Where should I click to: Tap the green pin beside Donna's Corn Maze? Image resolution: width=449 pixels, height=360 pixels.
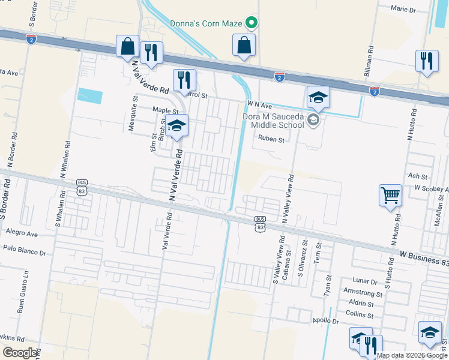tap(252, 23)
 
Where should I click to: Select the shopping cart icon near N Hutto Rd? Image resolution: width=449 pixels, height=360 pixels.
tap(390, 195)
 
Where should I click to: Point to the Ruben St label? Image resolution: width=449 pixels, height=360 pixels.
tap(270, 139)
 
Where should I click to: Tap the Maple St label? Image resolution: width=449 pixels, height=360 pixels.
tap(165, 110)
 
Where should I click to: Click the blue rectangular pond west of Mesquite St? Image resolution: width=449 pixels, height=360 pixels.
tap(90, 96)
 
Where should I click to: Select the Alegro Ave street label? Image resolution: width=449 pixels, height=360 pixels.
tap(22, 232)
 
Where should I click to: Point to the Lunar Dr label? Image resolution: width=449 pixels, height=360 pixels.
tap(366, 281)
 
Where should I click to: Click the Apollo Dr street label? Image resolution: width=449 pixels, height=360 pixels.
tap(325, 321)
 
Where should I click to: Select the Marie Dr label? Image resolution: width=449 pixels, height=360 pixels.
tap(403, 10)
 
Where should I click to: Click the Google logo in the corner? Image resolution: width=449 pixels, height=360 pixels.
tap(20, 353)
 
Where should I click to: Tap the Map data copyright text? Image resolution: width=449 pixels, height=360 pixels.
tap(412, 355)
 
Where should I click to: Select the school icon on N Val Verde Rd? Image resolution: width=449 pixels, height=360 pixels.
tap(176, 127)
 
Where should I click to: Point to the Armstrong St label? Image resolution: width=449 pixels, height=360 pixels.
tap(362, 294)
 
